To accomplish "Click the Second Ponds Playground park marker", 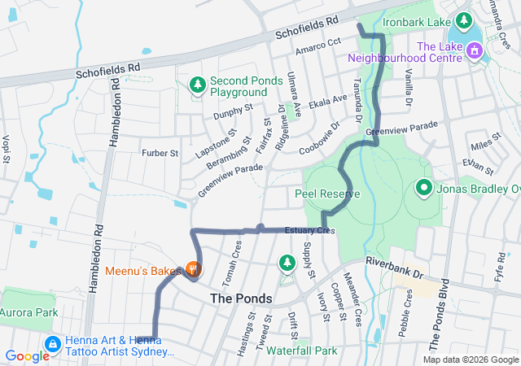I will coord(197,84).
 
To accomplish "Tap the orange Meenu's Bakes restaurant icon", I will coord(193,268).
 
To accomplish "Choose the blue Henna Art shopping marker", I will coord(52,345).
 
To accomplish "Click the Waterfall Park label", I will coord(301,351).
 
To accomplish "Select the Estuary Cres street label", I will coord(309,231).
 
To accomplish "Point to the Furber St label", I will coord(160,153).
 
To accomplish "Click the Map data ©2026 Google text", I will coord(471,359).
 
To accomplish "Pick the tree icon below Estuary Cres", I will coord(287,262).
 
